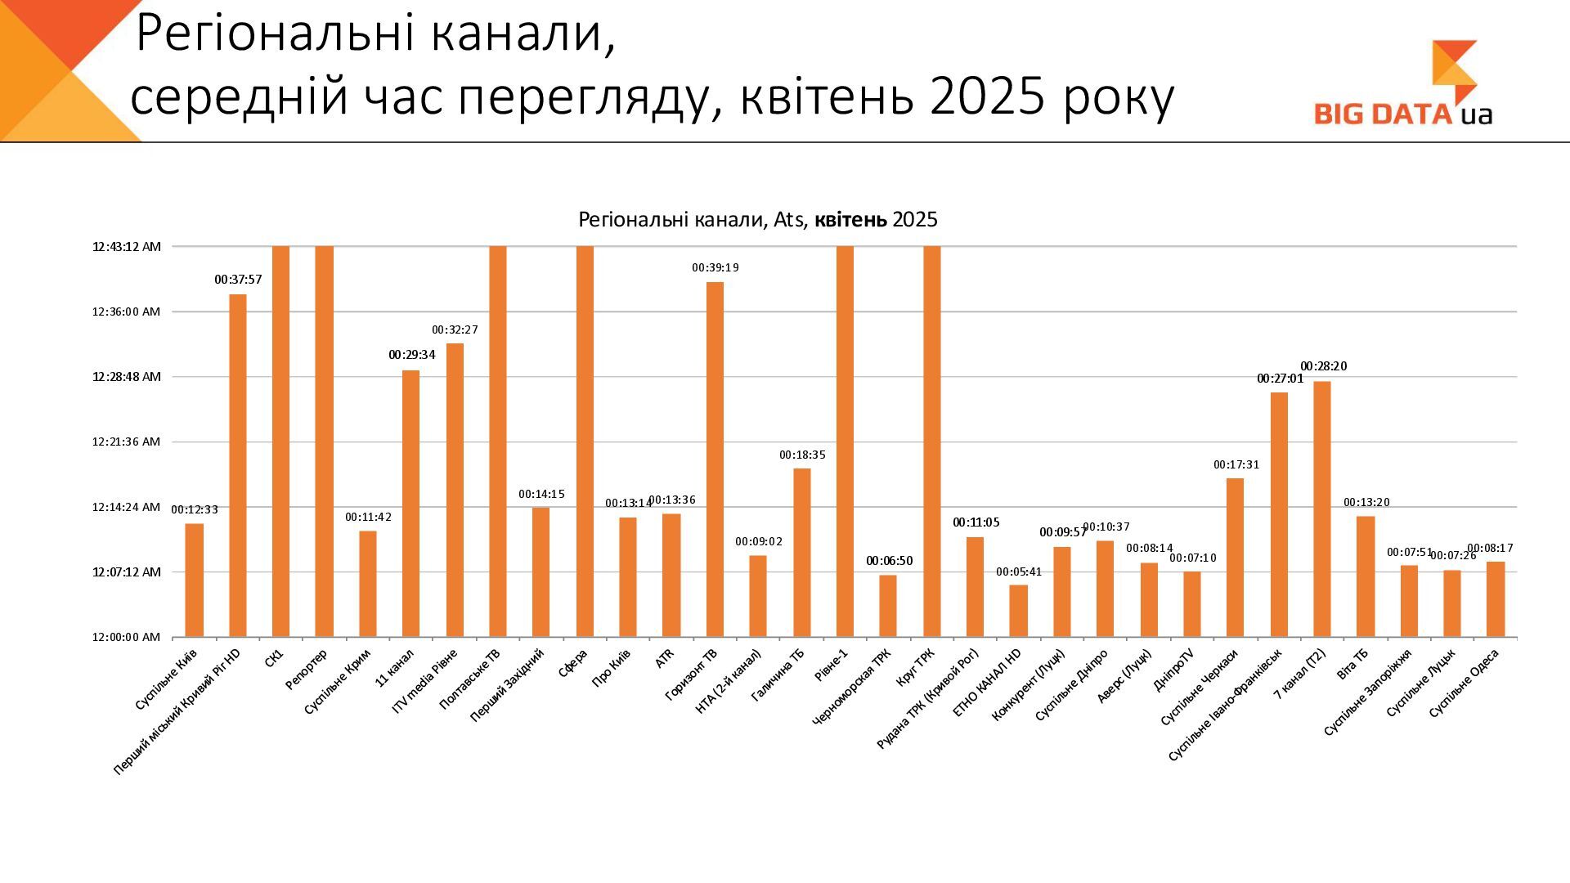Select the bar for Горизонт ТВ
click(715, 459)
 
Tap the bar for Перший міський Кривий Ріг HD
click(238, 465)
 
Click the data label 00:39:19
click(715, 268)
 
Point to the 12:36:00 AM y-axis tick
click(126, 312)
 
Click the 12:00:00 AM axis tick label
click(126, 637)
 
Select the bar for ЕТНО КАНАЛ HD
click(1018, 611)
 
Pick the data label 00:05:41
click(1019, 572)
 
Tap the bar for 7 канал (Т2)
click(1321, 509)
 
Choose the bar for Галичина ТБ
click(802, 552)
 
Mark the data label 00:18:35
click(802, 455)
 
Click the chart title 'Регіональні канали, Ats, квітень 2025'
click(757, 220)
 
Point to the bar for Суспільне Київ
click(195, 580)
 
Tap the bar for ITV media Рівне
click(455, 490)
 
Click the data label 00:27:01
click(1280, 379)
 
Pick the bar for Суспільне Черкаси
click(1235, 557)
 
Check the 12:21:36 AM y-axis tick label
click(126, 441)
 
